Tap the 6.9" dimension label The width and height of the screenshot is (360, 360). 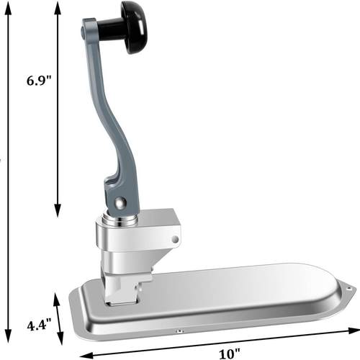click(x=39, y=81)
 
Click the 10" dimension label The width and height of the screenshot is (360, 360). click(x=229, y=354)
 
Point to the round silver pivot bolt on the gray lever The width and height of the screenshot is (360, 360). click(x=120, y=202)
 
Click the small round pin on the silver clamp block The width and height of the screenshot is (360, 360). click(x=176, y=239)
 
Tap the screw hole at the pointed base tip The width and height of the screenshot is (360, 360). click(x=349, y=289)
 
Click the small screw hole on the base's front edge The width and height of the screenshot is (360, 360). click(x=179, y=331)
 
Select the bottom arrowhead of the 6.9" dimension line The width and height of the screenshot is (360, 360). click(x=58, y=210)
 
